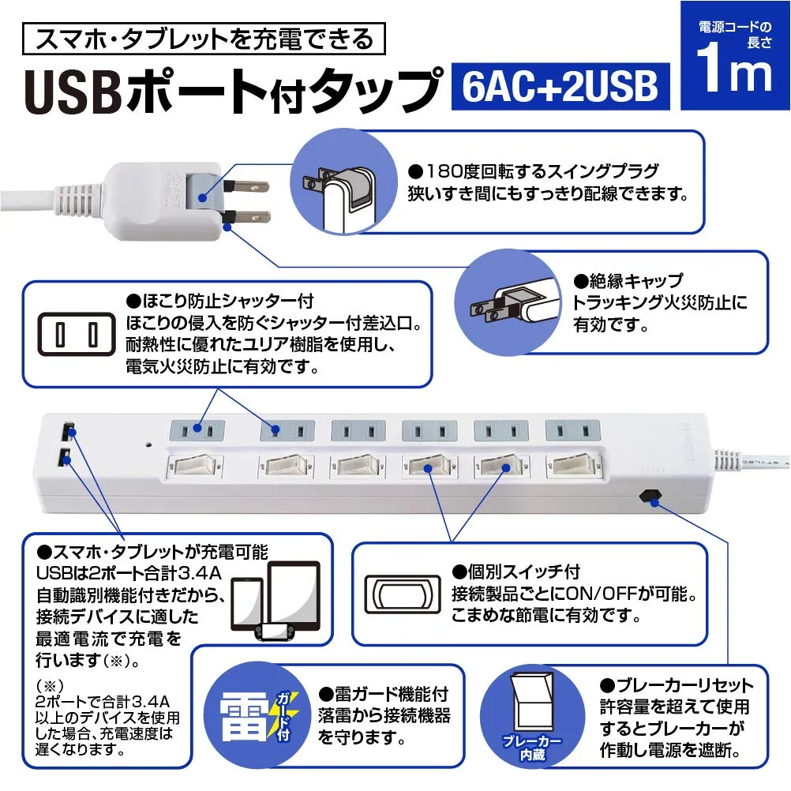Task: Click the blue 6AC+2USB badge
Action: (x=560, y=87)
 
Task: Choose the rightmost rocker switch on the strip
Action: (x=572, y=464)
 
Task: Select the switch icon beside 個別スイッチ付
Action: (x=401, y=592)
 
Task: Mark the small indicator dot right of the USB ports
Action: (x=148, y=444)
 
